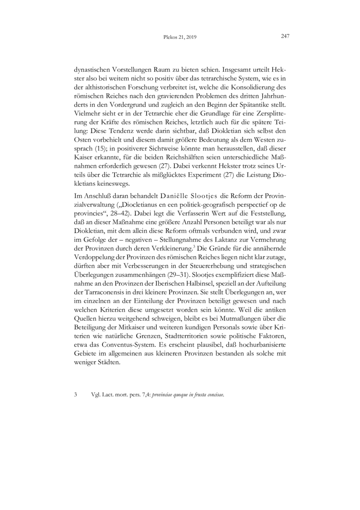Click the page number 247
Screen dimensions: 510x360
click(x=284, y=37)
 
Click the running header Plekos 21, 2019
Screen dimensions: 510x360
click(x=179, y=38)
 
